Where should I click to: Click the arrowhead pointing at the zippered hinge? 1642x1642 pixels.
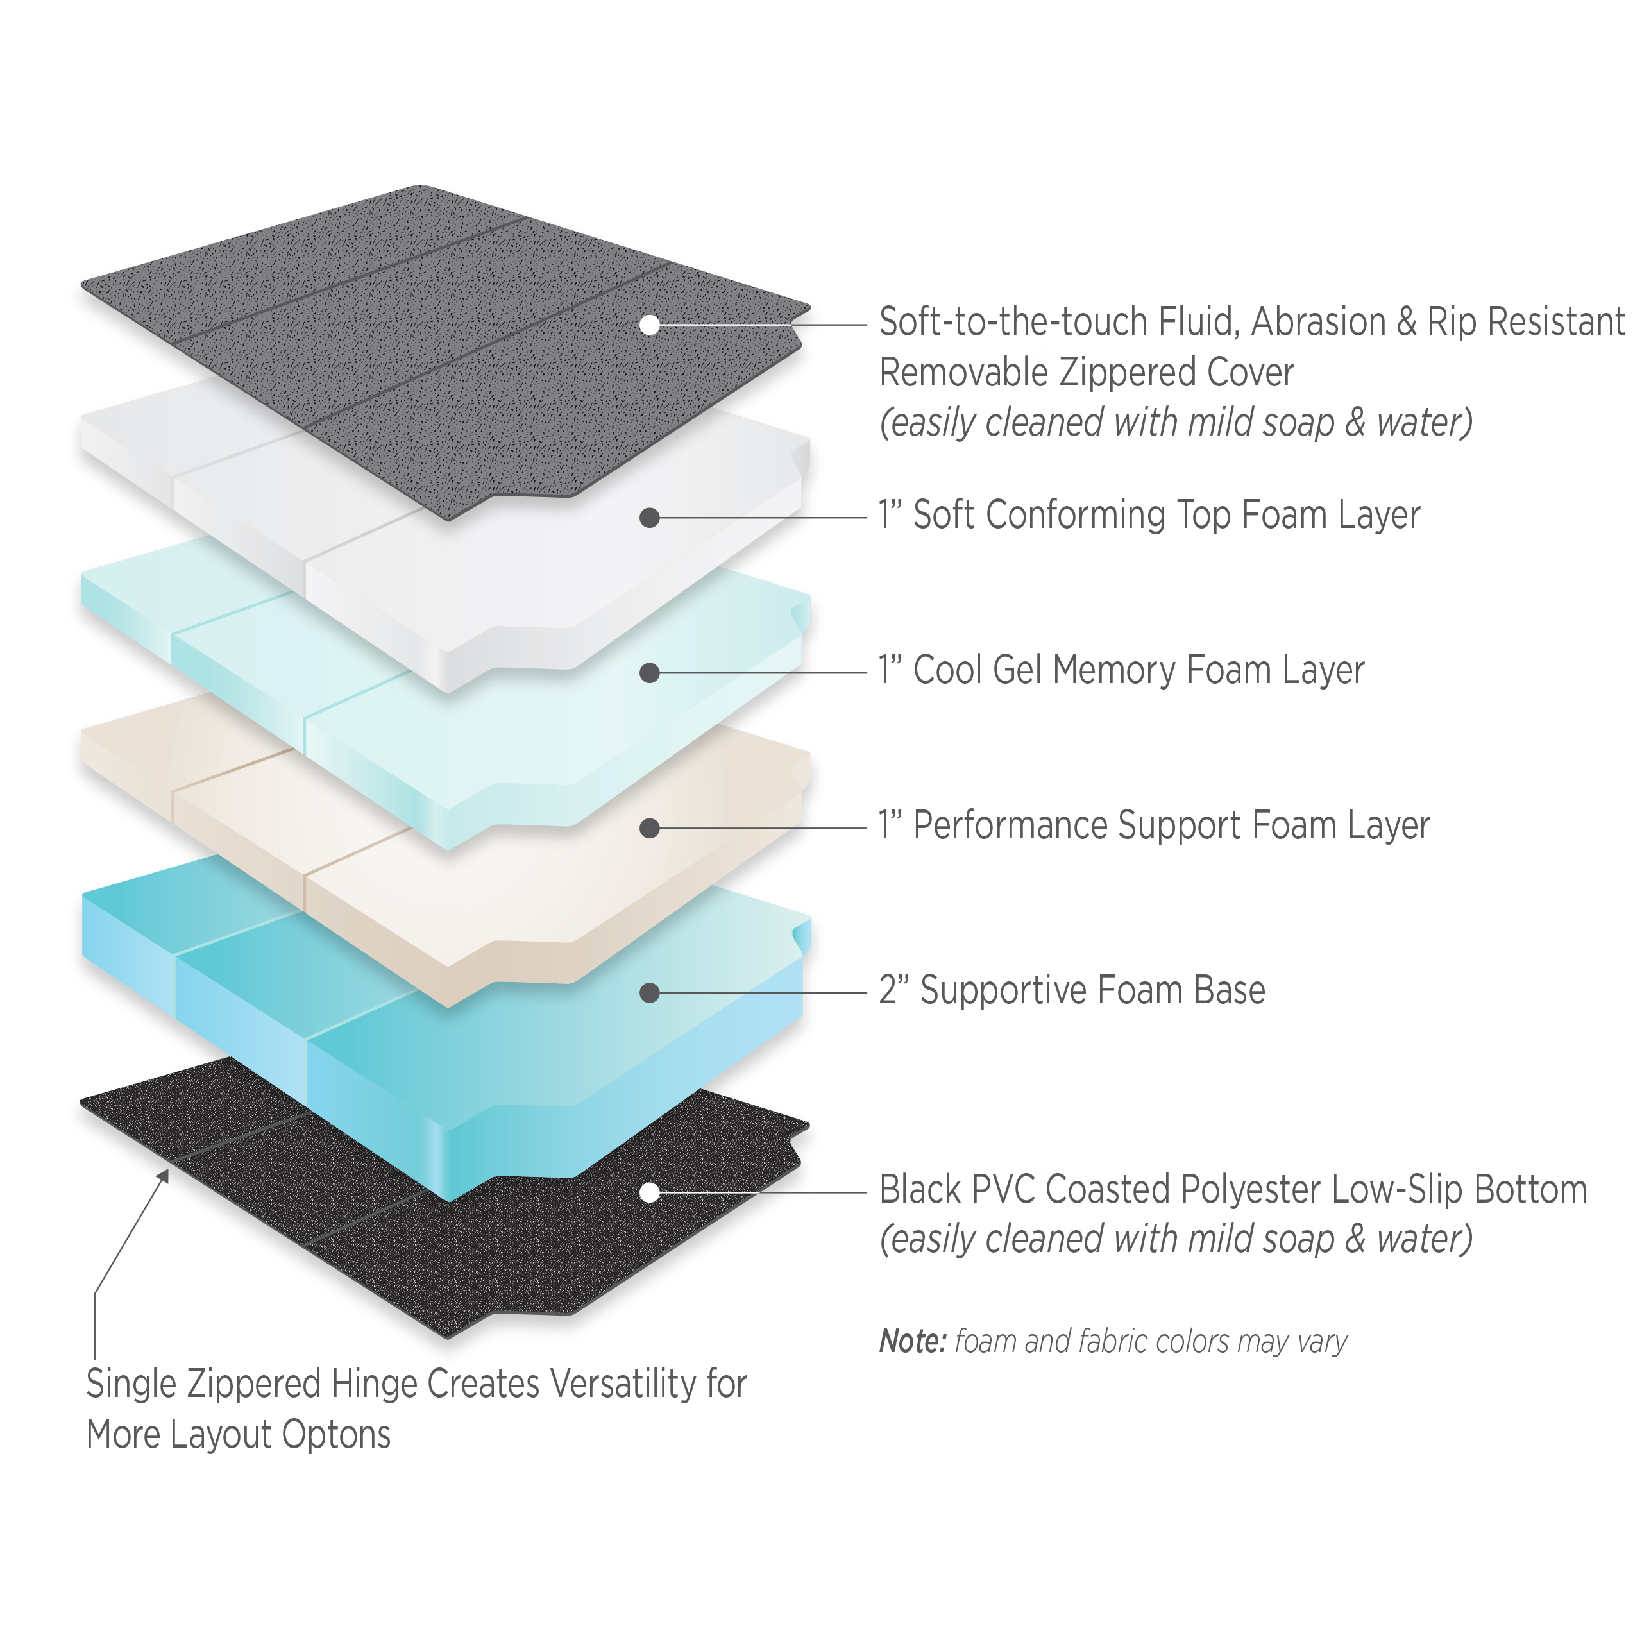point(163,1176)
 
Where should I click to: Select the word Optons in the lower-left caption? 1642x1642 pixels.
point(337,1435)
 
